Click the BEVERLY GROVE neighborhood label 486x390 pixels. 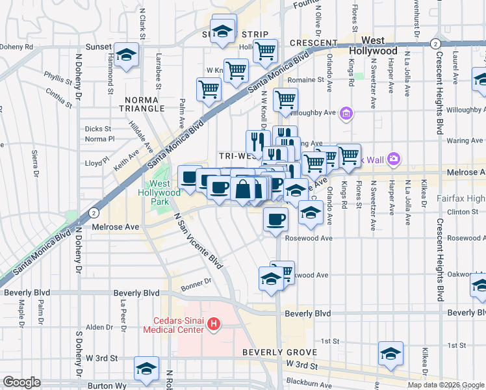[x=279, y=352]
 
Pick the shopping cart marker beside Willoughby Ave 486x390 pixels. [x=286, y=100]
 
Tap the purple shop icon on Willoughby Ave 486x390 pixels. [x=346, y=114]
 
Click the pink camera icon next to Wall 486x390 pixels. [x=393, y=159]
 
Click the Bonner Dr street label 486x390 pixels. [x=197, y=281]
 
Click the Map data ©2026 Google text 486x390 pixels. [x=445, y=385]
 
